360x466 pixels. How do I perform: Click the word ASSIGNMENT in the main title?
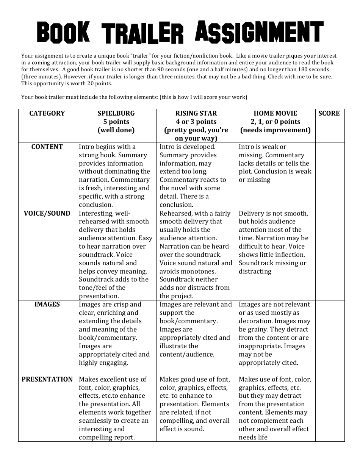(x=259, y=31)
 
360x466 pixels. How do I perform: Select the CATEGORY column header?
(x=47, y=113)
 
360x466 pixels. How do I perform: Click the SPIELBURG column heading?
(x=116, y=113)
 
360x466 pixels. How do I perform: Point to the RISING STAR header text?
(x=196, y=113)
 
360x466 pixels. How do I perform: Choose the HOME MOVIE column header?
(x=275, y=113)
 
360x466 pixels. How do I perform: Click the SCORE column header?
(x=329, y=113)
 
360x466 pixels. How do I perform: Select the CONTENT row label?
(x=47, y=147)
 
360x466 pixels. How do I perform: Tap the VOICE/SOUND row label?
(x=47, y=213)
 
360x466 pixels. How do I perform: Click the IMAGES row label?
(x=47, y=304)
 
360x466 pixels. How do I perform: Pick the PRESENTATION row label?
(x=47, y=379)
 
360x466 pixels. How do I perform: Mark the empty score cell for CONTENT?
(x=330, y=175)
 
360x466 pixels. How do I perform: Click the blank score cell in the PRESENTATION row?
(x=330, y=408)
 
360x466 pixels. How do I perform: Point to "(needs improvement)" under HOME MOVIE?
(x=275, y=130)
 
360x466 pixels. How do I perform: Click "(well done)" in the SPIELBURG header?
(x=116, y=130)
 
